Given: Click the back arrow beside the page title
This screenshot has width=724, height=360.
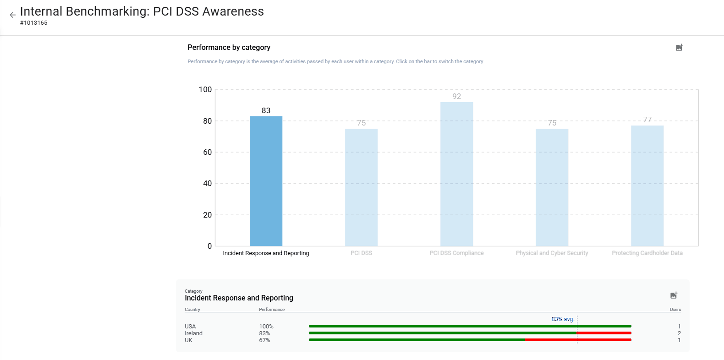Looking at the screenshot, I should (x=12, y=15).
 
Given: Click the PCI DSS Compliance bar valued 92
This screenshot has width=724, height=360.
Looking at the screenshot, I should (x=456, y=174).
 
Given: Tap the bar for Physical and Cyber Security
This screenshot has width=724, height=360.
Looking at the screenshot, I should (x=552, y=187).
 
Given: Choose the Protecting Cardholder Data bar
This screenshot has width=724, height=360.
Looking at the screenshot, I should (x=647, y=185).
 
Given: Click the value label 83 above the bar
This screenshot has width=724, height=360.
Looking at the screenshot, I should (x=266, y=110).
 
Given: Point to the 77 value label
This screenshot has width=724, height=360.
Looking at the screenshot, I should (x=647, y=120).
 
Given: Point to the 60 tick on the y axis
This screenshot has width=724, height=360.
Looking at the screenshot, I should (x=207, y=152).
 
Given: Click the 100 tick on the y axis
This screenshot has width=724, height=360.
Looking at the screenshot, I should (x=205, y=89).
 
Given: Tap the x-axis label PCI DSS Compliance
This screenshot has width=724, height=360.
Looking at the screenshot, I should (x=456, y=253).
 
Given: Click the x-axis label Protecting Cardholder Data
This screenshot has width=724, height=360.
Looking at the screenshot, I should (x=647, y=253).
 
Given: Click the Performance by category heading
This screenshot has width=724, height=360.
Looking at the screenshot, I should (x=229, y=48).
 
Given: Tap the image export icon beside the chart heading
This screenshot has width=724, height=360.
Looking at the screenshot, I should (x=679, y=48).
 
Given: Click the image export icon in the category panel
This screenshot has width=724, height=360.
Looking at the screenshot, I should (x=674, y=295).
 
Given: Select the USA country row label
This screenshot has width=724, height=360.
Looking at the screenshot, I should (x=190, y=327).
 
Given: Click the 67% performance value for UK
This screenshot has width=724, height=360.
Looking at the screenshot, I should (x=264, y=340).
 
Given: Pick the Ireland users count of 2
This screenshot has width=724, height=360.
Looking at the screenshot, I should (x=679, y=333).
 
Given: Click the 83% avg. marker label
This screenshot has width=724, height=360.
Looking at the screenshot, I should (x=563, y=319).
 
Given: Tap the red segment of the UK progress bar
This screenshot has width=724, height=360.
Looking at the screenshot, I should (x=577, y=340).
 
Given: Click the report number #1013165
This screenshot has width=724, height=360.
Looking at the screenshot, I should (x=34, y=23).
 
